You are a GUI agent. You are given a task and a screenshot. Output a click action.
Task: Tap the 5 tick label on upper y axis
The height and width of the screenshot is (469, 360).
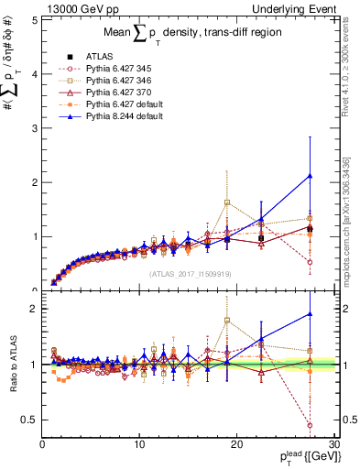pyautogui.click(x=35, y=18)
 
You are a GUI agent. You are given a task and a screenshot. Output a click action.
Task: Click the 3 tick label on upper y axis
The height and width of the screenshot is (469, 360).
pyautogui.click(x=35, y=127)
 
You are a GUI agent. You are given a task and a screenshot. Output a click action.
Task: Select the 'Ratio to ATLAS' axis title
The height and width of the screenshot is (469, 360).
pyautogui.click(x=12, y=365)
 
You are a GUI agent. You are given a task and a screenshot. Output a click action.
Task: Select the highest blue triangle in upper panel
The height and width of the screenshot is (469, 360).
pyautogui.click(x=310, y=176)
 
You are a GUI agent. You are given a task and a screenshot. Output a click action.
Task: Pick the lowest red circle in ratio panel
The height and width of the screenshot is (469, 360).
pyautogui.click(x=310, y=425)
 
